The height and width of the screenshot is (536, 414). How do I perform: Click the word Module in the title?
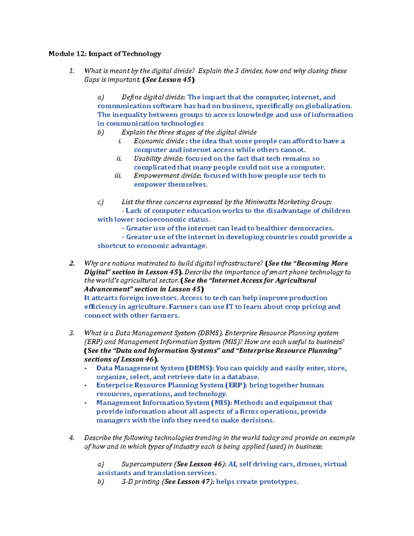pyautogui.click(x=61, y=54)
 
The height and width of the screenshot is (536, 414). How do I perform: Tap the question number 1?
pyautogui.click(x=71, y=71)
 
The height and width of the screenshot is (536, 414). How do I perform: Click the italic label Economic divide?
pyautogui.click(x=159, y=141)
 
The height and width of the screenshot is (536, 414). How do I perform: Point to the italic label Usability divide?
pyautogui.click(x=158, y=159)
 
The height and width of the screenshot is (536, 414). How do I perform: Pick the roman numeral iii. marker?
pyautogui.click(x=118, y=176)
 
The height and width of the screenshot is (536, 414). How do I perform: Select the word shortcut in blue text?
pyautogui.click(x=112, y=246)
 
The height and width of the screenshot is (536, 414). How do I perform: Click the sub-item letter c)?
pyautogui.click(x=100, y=202)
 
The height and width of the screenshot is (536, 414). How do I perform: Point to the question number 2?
pyautogui.click(x=72, y=263)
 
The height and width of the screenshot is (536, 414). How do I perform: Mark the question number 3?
pyautogui.click(x=71, y=333)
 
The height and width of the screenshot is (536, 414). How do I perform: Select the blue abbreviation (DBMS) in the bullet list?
pyautogui.click(x=200, y=368)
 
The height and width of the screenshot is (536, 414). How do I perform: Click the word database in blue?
pyautogui.click(x=241, y=377)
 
